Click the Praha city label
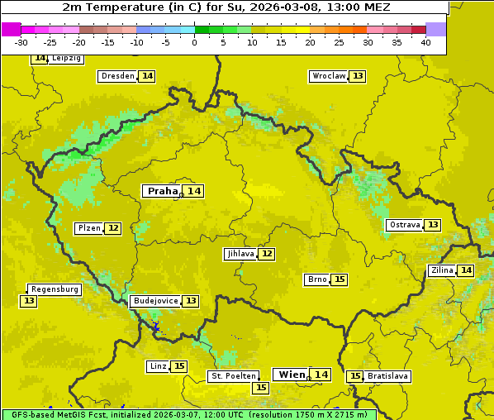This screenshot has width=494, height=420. (x=163, y=191)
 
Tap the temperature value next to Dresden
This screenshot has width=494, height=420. (x=147, y=76)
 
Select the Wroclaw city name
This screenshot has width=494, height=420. (x=329, y=76)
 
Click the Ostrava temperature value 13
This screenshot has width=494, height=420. (x=433, y=225)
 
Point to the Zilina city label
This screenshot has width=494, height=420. (x=442, y=270)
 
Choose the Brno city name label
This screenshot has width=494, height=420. (x=317, y=279)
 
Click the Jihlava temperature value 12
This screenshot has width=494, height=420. (x=267, y=254)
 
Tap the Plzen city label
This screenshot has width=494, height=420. (x=89, y=228)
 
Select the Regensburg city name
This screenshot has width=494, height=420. (x=55, y=289)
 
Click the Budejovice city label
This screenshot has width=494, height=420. (x=155, y=301)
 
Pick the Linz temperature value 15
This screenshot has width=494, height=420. (x=179, y=366)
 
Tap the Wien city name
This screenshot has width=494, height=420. (x=292, y=375)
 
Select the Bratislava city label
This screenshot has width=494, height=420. (x=388, y=376)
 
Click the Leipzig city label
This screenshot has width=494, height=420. (x=66, y=59)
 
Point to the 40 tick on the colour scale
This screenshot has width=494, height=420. (x=425, y=42)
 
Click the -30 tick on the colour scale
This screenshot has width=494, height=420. (x=21, y=42)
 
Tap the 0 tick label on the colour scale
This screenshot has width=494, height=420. (x=194, y=42)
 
